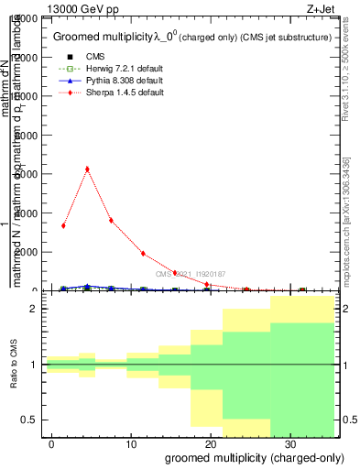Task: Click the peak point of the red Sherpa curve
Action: coord(87,169)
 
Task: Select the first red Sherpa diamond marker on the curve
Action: coord(63,225)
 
